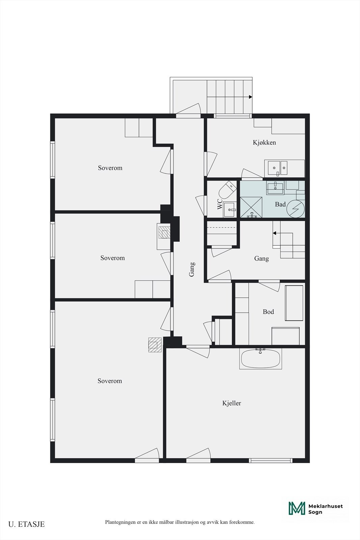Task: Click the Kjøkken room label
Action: click(x=264, y=142)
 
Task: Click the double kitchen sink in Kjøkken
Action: click(x=277, y=168)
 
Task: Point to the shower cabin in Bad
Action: click(x=251, y=207)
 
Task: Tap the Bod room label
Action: click(x=268, y=312)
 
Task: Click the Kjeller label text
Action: click(x=231, y=403)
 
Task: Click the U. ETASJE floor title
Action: click(x=27, y=524)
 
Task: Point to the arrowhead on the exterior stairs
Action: click(x=251, y=97)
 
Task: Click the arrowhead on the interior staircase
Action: click(x=274, y=233)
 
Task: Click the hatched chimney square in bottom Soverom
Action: click(x=155, y=345)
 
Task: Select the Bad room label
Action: click(x=280, y=205)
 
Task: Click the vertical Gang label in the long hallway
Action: click(x=192, y=269)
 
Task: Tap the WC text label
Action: click(x=220, y=204)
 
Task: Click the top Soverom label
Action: click(x=110, y=168)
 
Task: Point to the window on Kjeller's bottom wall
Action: click(x=271, y=460)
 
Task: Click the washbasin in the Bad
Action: click(x=275, y=188)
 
